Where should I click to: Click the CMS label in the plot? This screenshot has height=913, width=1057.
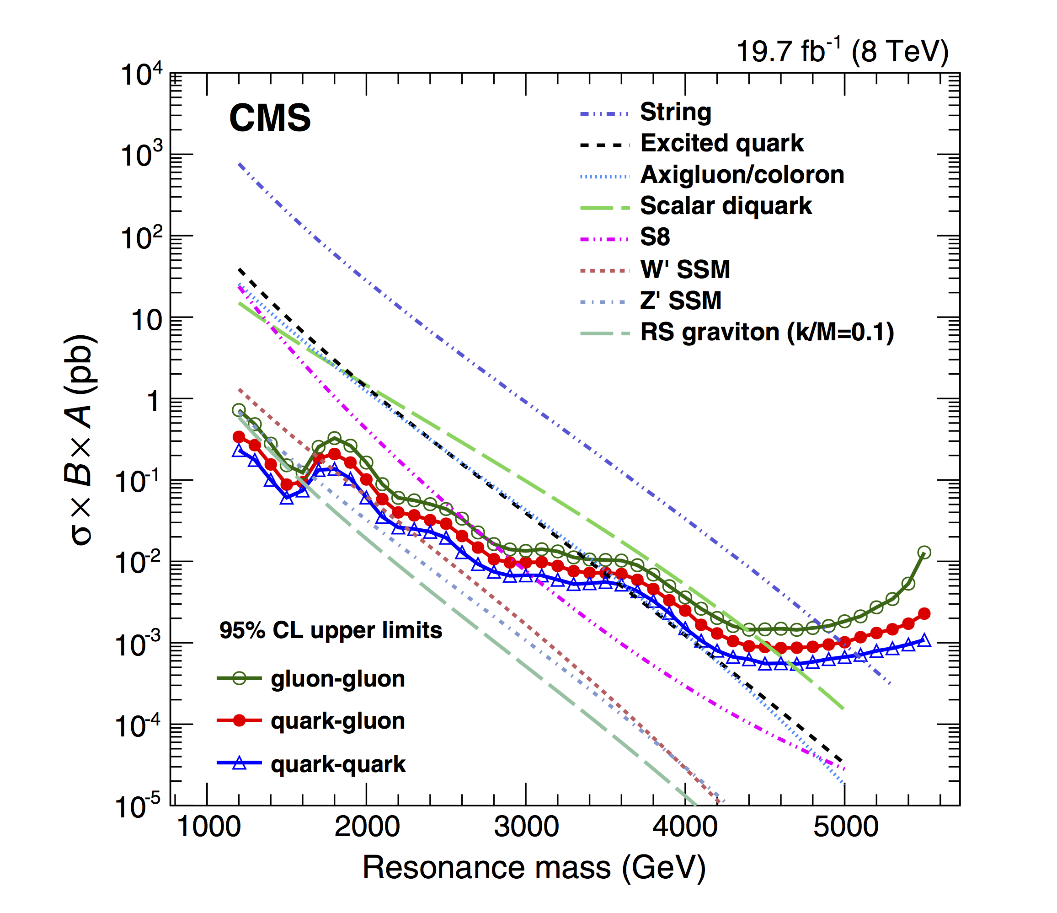270,118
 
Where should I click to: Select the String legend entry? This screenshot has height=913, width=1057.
675,112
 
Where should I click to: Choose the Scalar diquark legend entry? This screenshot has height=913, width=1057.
726,206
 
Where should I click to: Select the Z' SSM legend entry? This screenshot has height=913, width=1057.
681,300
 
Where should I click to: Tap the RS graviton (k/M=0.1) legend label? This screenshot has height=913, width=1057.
767,332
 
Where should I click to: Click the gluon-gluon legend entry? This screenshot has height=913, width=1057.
338,679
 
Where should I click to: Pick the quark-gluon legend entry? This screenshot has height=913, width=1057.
338,720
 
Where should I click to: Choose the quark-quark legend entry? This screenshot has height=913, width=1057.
338,764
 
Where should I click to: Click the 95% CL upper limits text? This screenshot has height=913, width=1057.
331,630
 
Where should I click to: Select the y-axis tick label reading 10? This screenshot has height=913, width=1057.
147,320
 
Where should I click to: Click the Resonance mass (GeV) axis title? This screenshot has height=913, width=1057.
534,868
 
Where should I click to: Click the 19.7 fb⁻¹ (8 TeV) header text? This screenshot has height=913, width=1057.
842,52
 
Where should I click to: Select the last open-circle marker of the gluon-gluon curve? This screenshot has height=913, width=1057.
924,552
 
